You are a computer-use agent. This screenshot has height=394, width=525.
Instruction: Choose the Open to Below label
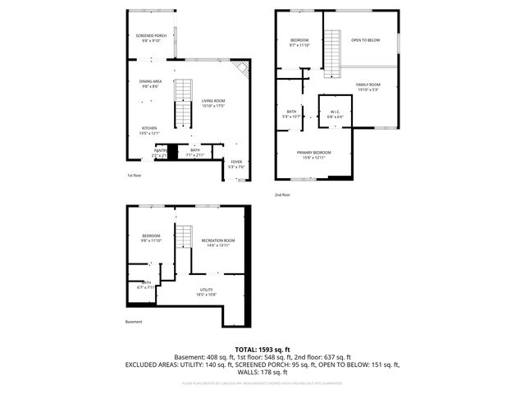pyautogui.click(x=365, y=39)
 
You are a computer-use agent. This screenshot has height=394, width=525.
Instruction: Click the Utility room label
pyautogui.click(x=206, y=291)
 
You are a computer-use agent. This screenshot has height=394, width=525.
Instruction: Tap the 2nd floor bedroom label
pyautogui.click(x=299, y=43)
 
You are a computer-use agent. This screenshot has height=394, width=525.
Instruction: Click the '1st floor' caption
pyautogui.click(x=134, y=176)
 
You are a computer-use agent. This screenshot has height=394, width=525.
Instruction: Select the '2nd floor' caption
pyautogui.click(x=282, y=195)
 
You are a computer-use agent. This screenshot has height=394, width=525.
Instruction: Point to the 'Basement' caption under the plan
pyautogui.click(x=134, y=321)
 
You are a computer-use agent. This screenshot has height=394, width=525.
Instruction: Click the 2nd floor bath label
pyautogui.click(x=292, y=114)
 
